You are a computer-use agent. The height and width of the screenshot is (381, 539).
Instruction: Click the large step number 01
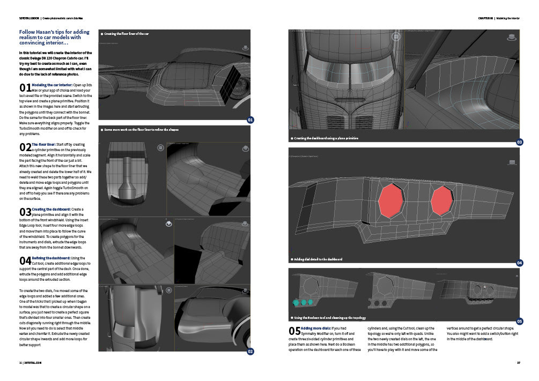point(25,88)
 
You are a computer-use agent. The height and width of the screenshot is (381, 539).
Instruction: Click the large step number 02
point(25,147)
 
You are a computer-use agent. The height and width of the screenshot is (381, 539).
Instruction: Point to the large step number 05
point(294,331)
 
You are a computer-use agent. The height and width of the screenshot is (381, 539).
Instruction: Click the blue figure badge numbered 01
point(249,119)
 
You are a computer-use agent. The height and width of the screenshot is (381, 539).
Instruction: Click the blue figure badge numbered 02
point(249,352)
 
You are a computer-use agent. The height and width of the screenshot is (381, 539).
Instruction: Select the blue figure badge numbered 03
point(519,142)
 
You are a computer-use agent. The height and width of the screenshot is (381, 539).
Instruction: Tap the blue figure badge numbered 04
point(519,263)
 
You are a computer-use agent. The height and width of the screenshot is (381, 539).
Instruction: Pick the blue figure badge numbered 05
point(519,321)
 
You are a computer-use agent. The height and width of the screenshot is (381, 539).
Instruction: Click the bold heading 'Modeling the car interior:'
point(53,85)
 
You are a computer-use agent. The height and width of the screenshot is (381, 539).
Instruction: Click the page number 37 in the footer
point(518,363)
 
